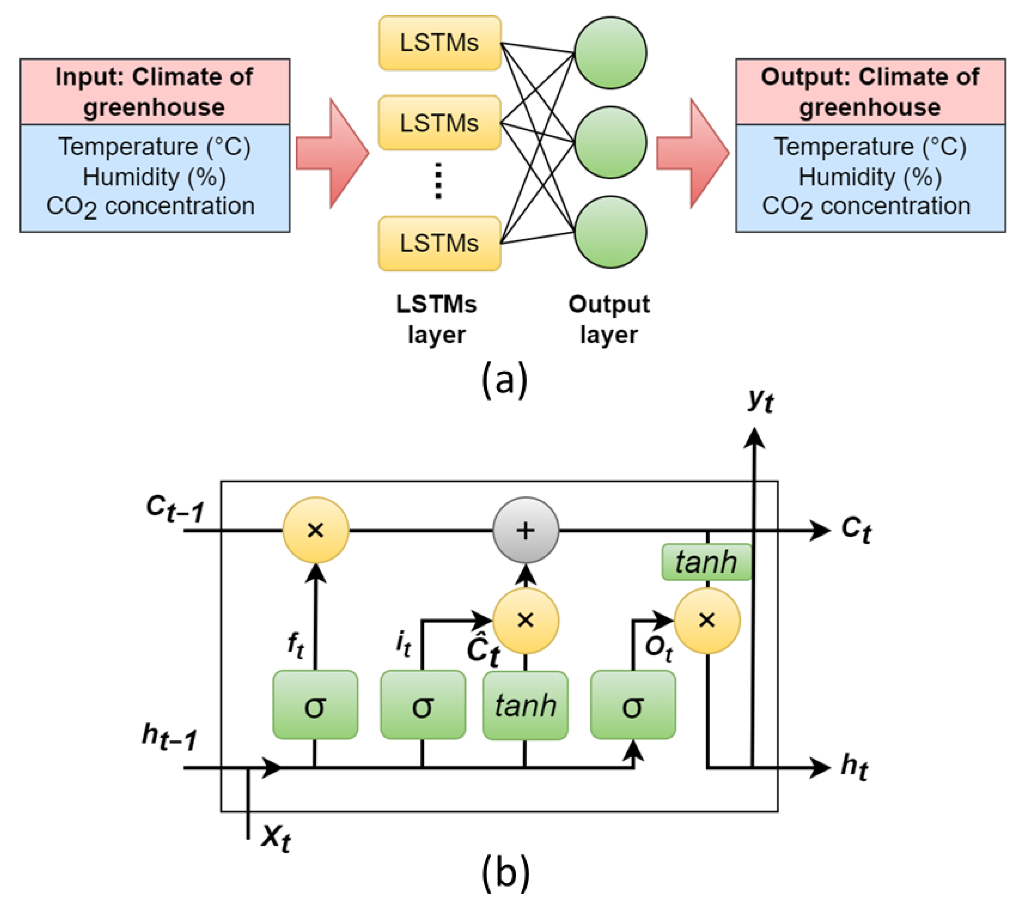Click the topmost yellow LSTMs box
click(x=440, y=43)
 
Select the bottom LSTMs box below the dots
click(x=440, y=243)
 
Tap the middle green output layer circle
click(x=610, y=142)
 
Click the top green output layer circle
click(x=610, y=53)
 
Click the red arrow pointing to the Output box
click(x=692, y=153)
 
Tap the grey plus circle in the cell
click(x=526, y=530)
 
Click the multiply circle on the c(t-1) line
click(x=316, y=530)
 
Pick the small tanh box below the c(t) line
click(x=706, y=562)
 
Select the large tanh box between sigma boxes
click(x=526, y=705)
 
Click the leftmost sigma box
click(x=315, y=705)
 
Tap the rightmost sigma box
click(x=633, y=705)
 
